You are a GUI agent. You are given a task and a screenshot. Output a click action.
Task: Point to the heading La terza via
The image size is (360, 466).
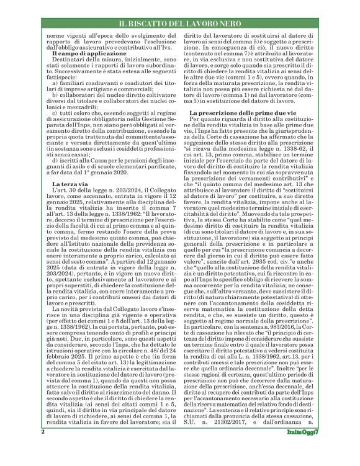tap(71, 167)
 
